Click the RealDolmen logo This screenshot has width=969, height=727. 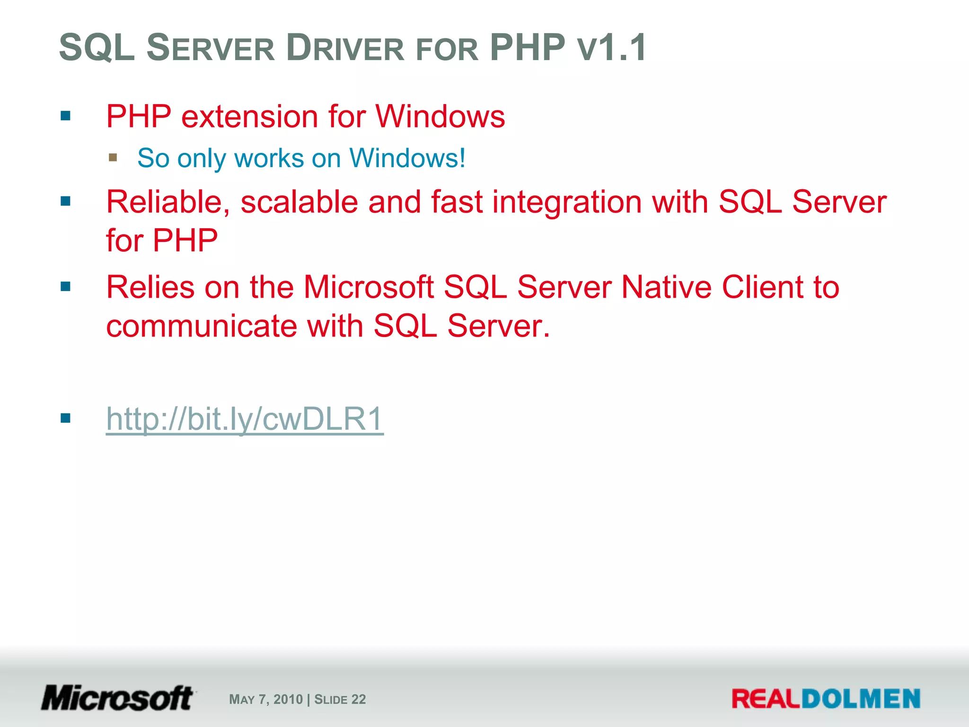(x=826, y=699)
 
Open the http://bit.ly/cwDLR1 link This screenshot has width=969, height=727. (x=245, y=419)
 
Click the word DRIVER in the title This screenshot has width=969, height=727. (x=345, y=48)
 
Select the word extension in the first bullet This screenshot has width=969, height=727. (x=249, y=116)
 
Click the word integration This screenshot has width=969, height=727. (x=567, y=202)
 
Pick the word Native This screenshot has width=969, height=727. (x=666, y=287)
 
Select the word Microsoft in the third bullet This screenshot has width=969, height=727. (x=369, y=287)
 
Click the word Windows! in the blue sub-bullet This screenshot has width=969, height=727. (x=407, y=158)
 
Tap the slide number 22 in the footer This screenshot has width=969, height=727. (x=359, y=700)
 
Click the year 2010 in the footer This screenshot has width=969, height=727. (x=288, y=700)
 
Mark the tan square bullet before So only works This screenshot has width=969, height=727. (x=113, y=157)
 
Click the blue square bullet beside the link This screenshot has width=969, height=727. (x=66, y=418)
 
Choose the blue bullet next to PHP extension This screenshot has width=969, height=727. (x=66, y=115)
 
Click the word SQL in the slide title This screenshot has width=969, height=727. (x=97, y=48)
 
